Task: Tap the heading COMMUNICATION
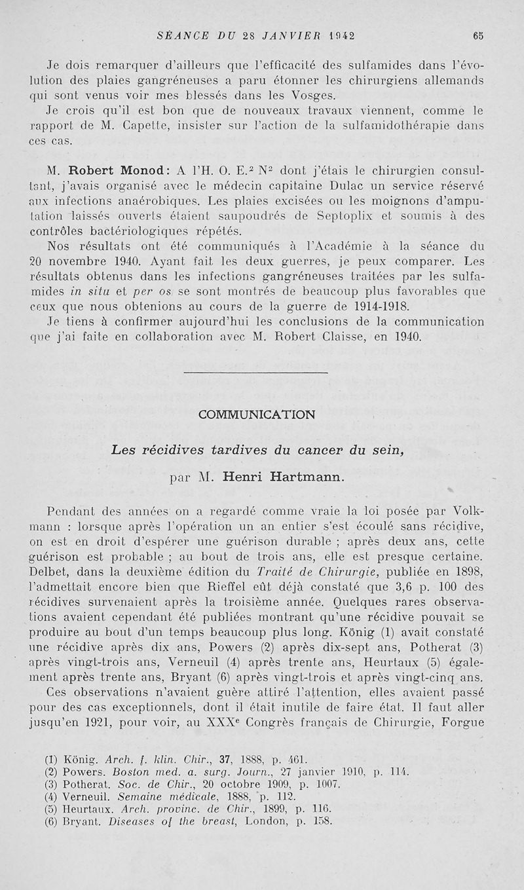(256, 415)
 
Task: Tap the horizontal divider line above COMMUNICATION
(255, 373)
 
